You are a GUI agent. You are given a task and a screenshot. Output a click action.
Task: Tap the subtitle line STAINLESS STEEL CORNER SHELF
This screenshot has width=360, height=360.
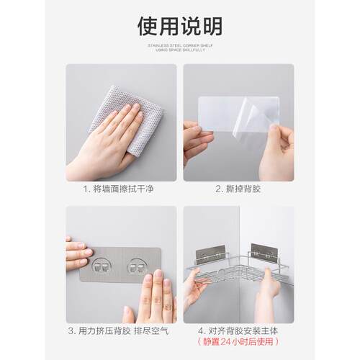click(179, 44)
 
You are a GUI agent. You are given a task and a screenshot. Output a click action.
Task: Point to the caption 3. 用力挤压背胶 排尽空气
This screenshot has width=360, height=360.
click(122, 332)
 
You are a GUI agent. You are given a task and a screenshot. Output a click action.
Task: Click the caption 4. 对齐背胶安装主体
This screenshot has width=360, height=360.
click(238, 332)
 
